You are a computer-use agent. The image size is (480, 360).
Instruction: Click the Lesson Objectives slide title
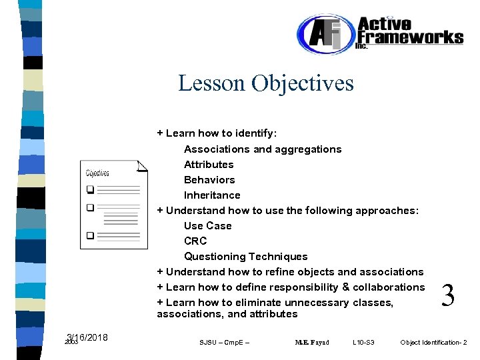click(x=266, y=83)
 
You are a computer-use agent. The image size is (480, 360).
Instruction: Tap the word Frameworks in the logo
click(x=410, y=37)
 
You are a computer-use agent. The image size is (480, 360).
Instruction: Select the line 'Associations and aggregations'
click(x=263, y=149)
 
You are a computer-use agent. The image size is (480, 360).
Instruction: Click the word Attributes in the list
click(x=209, y=165)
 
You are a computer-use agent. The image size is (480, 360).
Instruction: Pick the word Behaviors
click(x=209, y=180)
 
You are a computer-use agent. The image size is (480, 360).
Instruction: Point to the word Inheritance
click(x=212, y=195)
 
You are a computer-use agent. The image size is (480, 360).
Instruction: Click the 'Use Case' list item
click(x=207, y=226)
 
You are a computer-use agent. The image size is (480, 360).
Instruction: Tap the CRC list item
click(x=195, y=241)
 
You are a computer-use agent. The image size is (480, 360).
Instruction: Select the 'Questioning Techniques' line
click(x=245, y=257)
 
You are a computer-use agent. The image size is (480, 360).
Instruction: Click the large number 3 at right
click(x=449, y=295)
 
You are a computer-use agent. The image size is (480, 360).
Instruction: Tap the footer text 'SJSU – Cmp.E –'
click(x=224, y=343)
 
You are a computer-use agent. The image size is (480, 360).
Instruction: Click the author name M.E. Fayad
click(x=311, y=343)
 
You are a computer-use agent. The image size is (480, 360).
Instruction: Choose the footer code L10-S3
click(x=363, y=343)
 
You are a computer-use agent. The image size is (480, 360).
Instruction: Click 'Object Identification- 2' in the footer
click(x=433, y=343)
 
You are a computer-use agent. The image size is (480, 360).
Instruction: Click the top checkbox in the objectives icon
click(x=90, y=189)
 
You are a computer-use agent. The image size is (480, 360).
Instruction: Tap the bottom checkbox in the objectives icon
click(x=90, y=235)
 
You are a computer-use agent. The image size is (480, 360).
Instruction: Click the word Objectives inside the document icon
click(x=97, y=173)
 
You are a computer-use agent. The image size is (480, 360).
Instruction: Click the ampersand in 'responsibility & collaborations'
click(x=346, y=287)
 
